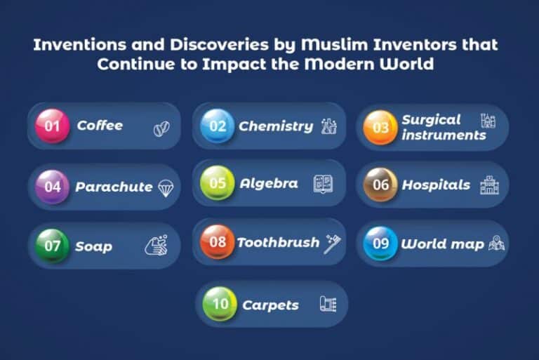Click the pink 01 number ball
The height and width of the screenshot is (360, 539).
[53, 126]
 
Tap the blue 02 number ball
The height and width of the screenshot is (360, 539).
[218, 126]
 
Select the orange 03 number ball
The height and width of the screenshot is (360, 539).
[380, 128]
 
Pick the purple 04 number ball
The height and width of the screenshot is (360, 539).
[53, 187]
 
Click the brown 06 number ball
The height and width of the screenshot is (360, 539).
[380, 185]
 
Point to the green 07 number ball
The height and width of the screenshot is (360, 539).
[53, 246]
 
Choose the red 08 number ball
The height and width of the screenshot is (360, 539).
[218, 242]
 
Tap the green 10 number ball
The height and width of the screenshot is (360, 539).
[220, 305]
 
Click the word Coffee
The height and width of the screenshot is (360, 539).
[100, 126]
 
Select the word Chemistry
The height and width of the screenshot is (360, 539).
[276, 126]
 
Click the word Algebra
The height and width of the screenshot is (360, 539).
[269, 184]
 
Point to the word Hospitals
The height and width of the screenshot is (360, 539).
[436, 185]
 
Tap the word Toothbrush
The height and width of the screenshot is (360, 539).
[278, 243]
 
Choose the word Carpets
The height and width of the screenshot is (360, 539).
[270, 305]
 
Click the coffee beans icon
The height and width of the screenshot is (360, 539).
[161, 129]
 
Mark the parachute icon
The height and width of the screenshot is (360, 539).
[166, 187]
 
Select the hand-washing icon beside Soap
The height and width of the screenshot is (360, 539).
[156, 246]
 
